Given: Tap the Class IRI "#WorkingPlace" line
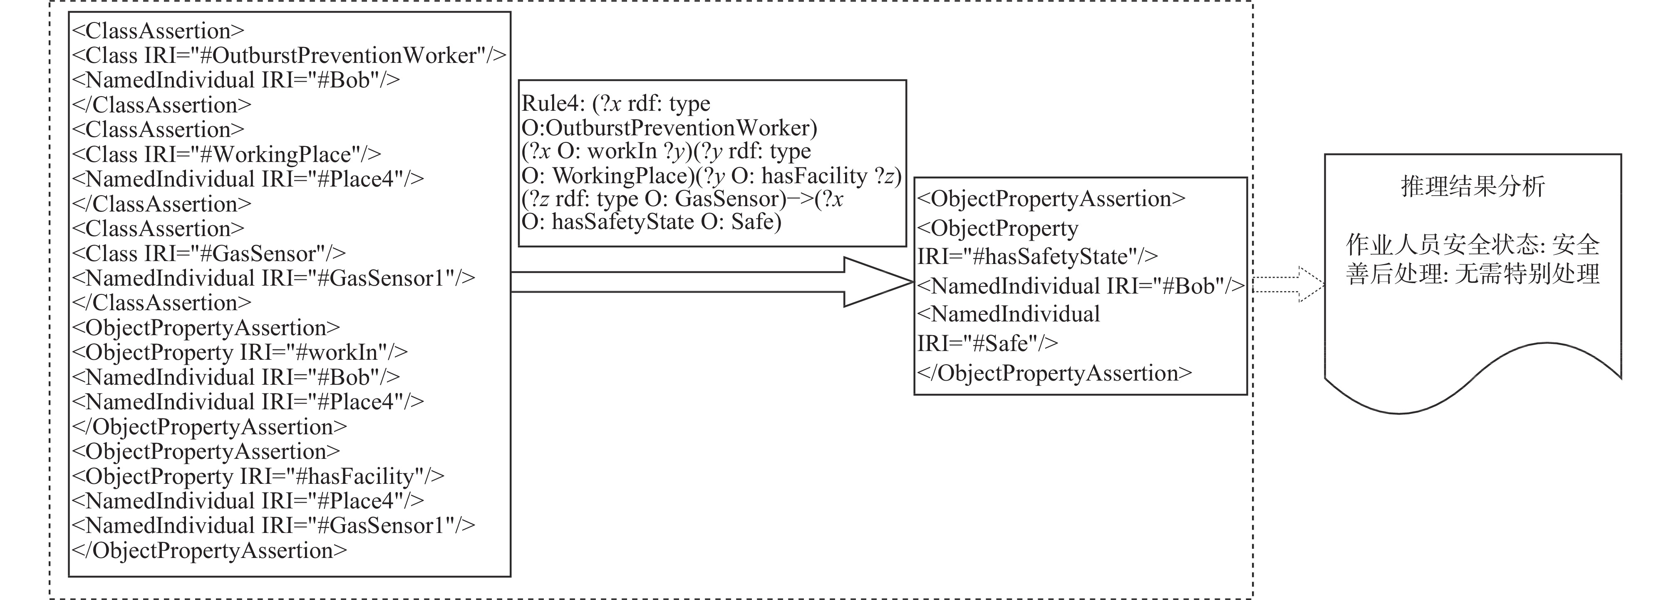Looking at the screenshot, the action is [x=226, y=154].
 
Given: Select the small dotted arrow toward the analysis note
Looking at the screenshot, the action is [x=1288, y=284].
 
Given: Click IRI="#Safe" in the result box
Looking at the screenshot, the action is [x=988, y=343].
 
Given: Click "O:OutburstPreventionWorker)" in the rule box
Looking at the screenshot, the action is [x=669, y=128].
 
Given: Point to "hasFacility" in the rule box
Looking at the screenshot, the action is [x=814, y=176].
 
